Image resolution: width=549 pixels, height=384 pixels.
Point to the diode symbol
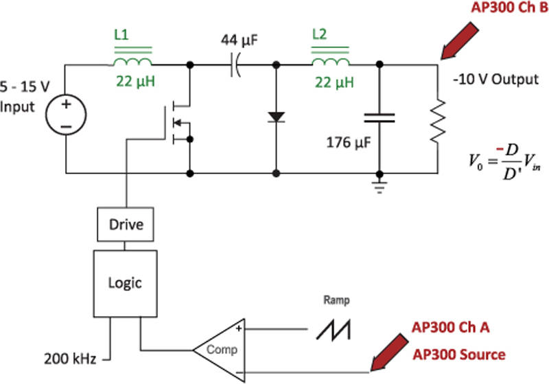pos(277,117)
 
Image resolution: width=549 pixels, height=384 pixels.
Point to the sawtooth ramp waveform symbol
pos(335,330)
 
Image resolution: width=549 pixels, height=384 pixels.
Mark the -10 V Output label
pos(495,79)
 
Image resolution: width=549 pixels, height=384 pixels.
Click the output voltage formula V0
pos(497,164)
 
